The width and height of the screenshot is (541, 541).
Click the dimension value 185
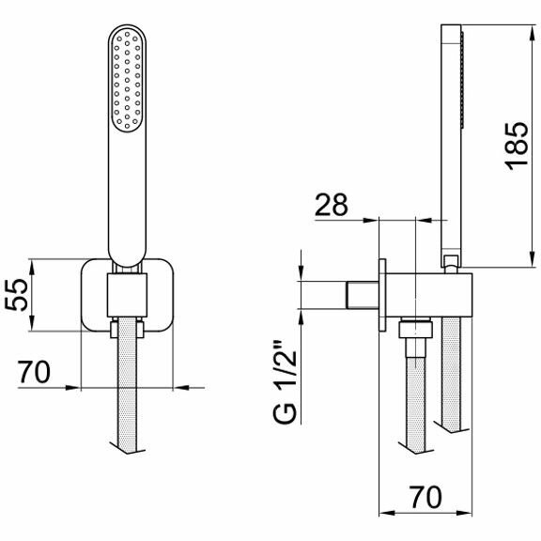point(518,146)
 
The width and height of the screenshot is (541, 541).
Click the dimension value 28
point(332,205)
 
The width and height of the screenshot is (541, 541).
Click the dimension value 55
point(16,295)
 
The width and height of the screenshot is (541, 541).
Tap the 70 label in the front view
point(34,372)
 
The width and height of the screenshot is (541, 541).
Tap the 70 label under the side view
point(425,497)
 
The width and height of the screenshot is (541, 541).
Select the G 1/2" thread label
point(285,382)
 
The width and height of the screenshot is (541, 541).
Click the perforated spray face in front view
point(127,80)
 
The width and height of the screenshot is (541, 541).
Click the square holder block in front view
point(127,295)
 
